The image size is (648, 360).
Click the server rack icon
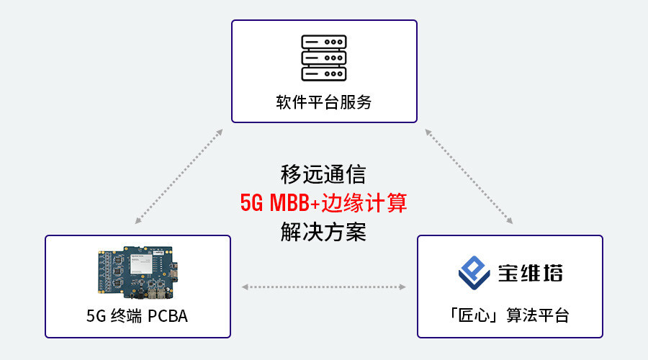(324, 58)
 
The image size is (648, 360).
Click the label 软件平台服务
(324, 102)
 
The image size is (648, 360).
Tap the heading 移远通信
(324, 175)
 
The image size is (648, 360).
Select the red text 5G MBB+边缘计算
(324, 204)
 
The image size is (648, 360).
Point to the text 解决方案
(324, 233)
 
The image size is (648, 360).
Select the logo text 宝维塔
(531, 273)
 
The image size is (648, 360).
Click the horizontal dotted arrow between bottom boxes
(324, 287)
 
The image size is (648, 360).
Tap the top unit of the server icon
(324, 42)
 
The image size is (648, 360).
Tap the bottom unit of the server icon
(324, 73)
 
